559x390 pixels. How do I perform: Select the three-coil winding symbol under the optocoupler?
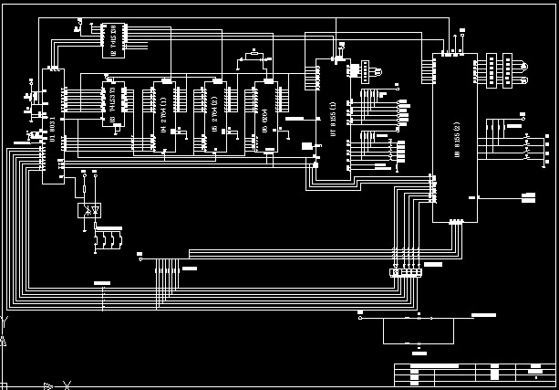(x=108, y=240)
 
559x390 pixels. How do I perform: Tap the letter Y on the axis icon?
(x=5, y=322)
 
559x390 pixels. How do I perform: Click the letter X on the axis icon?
(x=66, y=385)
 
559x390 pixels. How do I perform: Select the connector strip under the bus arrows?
(x=406, y=272)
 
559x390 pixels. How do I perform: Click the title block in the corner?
(x=474, y=374)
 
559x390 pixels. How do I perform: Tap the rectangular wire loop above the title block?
(x=418, y=330)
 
